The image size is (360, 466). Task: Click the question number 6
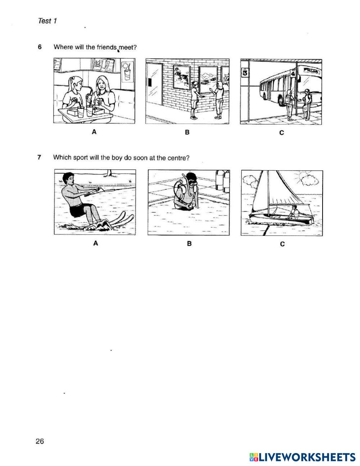[40, 47]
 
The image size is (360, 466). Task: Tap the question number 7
[40, 157]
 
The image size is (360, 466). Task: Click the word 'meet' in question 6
[127, 48]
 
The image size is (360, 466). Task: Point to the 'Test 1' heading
[47, 21]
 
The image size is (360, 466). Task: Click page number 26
[40, 441]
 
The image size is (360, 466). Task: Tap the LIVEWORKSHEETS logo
[302, 457]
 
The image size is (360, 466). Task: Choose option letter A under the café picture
[94, 132]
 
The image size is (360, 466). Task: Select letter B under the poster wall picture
[187, 133]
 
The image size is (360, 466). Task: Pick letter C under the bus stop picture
[282, 133]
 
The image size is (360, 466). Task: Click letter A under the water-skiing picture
[96, 243]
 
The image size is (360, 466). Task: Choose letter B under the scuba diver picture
[189, 244]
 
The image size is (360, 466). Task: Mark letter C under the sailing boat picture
[282, 244]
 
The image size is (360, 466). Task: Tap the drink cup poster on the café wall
[127, 72]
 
